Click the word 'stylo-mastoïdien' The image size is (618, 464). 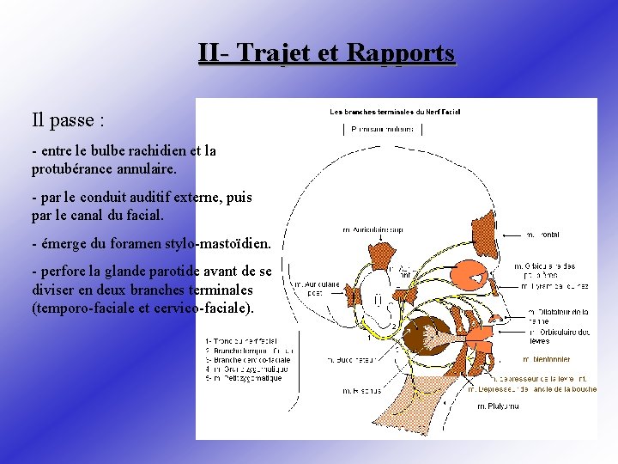[218, 243]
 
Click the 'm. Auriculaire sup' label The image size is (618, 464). [373, 229]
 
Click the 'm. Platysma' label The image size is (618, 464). [498, 406]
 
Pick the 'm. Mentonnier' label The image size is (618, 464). [546, 359]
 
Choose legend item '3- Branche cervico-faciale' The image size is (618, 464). [247, 360]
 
